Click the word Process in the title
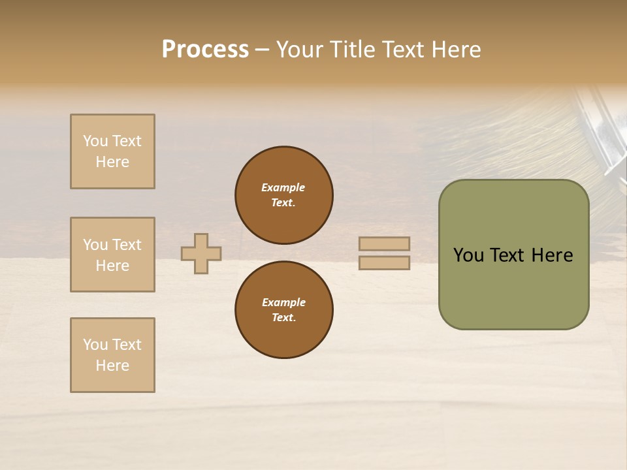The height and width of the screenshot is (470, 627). [205, 50]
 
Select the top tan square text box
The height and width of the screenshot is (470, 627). [112, 151]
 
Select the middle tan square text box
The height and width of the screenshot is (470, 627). [112, 255]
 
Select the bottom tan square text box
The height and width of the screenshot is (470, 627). [112, 354]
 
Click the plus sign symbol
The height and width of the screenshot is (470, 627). [201, 253]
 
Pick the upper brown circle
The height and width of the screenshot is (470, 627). [284, 195]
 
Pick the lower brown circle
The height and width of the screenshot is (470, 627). [284, 310]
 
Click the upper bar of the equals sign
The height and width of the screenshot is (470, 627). [384, 244]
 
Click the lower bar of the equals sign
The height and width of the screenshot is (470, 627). [384, 262]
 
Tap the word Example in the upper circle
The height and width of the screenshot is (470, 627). [283, 187]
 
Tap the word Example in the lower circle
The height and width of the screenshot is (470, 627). [283, 302]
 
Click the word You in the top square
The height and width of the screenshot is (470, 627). [95, 141]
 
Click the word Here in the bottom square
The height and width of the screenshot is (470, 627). [112, 366]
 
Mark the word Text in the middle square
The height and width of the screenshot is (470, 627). [126, 245]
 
